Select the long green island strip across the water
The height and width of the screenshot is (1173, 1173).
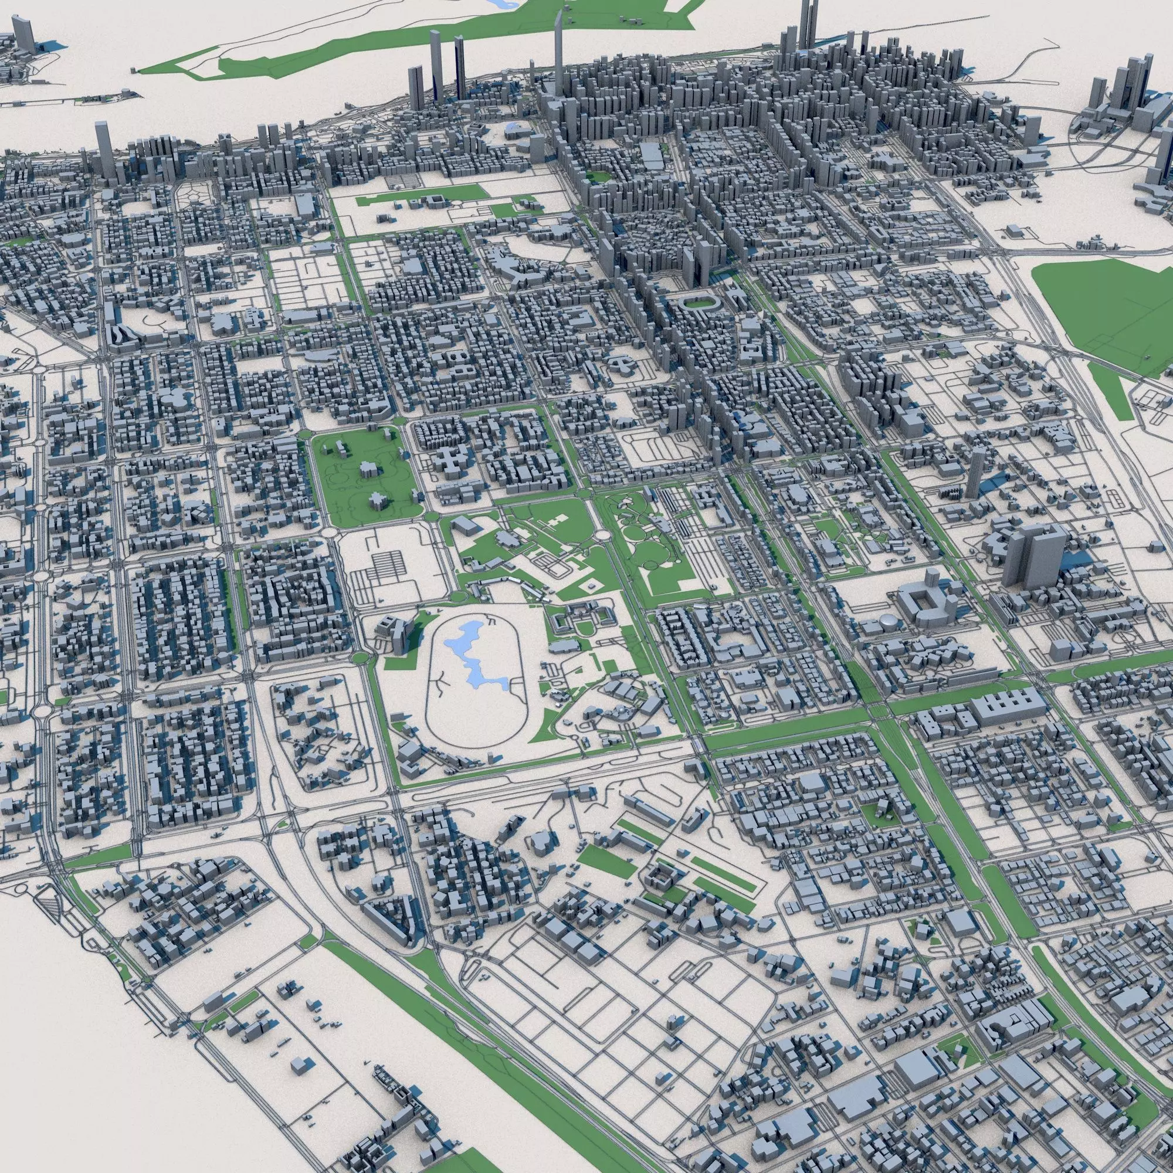(425, 42)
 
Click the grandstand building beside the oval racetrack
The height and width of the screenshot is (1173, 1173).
(395, 635)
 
